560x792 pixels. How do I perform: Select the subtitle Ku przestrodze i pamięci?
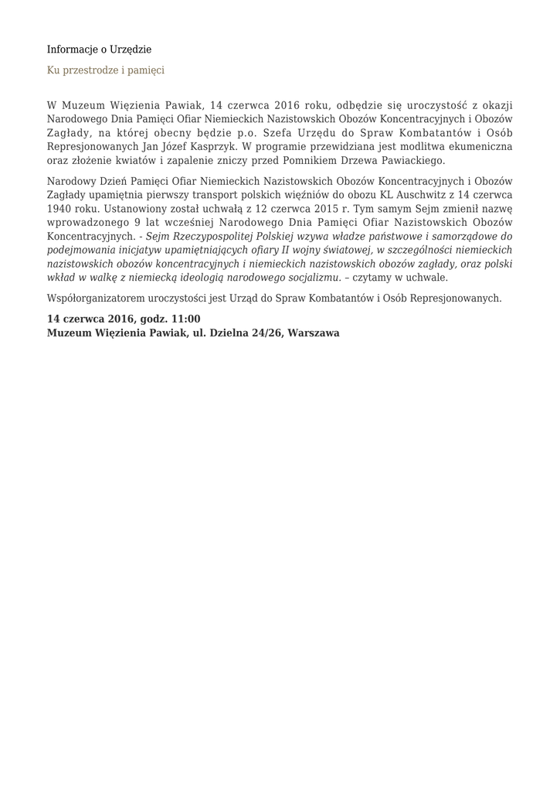[106, 70]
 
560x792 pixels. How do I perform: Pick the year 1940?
[59, 209]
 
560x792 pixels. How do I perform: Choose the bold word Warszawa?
[314, 333]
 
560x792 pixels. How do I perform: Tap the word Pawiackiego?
[410, 160]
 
